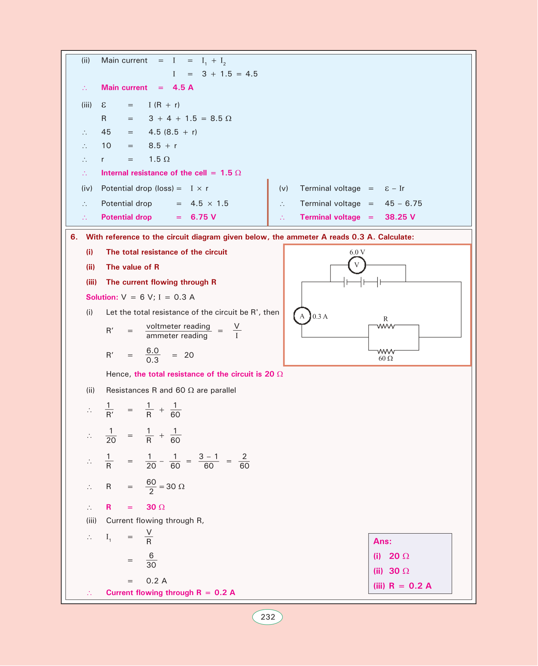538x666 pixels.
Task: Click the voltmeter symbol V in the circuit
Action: [x=357, y=265]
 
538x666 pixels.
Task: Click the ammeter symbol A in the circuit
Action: [x=302, y=316]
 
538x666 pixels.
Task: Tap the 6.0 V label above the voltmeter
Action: [x=357, y=252]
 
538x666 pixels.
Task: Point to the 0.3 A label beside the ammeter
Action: [x=320, y=316]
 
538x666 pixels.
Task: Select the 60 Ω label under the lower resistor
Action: [x=386, y=359]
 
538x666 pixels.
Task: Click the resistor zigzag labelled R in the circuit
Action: [x=386, y=326]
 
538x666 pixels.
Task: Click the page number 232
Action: [x=268, y=617]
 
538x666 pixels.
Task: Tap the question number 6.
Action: [x=74, y=237]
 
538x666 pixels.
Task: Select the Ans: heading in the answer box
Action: [x=382, y=541]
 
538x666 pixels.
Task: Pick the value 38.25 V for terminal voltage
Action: [x=400, y=217]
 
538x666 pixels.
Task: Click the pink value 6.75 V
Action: [x=203, y=217]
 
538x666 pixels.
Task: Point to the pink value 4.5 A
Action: [x=183, y=87]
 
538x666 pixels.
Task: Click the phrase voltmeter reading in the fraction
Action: [x=178, y=326]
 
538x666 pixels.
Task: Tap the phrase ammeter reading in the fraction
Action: [x=177, y=336]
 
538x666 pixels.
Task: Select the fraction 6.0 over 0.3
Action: [x=152, y=355]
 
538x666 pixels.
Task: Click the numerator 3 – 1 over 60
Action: [x=208, y=457]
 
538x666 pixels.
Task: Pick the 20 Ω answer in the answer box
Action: [x=399, y=556]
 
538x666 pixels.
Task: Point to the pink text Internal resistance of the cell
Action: [x=154, y=173]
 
